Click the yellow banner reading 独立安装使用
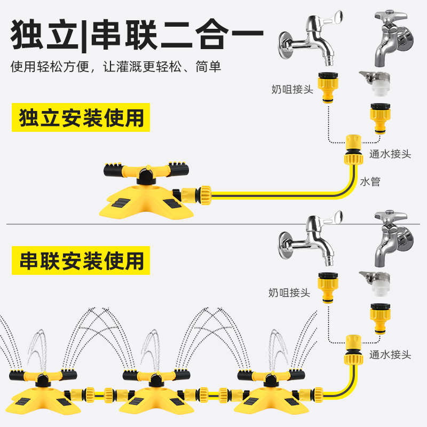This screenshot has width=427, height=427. pos(81,117)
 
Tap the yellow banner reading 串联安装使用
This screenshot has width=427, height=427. pos(81,260)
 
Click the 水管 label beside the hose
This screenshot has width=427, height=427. pos(370,181)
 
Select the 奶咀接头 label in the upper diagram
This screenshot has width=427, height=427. pos(292,89)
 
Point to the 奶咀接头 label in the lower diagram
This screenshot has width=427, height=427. pos(289,292)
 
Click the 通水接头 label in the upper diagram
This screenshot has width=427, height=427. pos(390,154)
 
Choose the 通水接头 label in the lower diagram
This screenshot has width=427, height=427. pos(390,354)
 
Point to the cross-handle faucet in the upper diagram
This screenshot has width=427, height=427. pos(393,38)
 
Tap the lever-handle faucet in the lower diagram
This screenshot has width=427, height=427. pos(311,239)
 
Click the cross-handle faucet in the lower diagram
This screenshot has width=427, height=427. pos(393,239)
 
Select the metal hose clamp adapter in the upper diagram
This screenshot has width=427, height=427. pos(376,83)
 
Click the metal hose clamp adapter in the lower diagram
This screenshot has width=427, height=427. pos(376,284)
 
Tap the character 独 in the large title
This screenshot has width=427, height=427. pos(27,35)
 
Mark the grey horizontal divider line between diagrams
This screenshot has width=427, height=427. pos(213,224)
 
